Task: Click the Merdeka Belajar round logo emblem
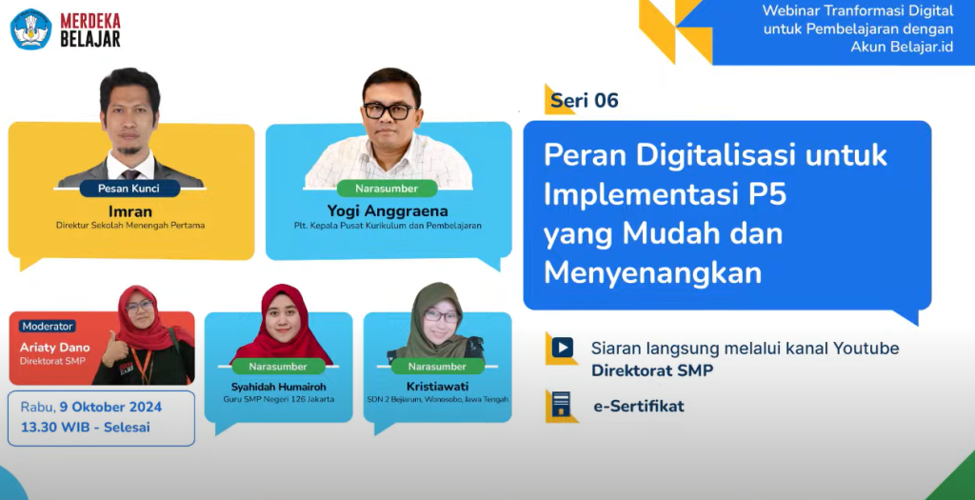pos(31,30)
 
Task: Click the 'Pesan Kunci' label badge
pos(129,189)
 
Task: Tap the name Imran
pos(129,210)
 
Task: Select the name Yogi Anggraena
pos(388,210)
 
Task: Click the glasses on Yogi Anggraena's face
pos(388,111)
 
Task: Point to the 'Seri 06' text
pos(585,100)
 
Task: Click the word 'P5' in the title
pos(767,194)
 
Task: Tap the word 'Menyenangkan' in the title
pos(653,273)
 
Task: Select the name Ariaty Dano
pos(54,347)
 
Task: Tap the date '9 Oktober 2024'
pos(110,408)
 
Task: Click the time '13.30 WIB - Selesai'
pos(85,428)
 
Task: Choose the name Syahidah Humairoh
pos(279,387)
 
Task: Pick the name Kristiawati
pos(438,387)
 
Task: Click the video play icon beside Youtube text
pos(562,347)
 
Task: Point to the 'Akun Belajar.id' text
pos(902,47)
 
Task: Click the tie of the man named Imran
pos(129,174)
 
